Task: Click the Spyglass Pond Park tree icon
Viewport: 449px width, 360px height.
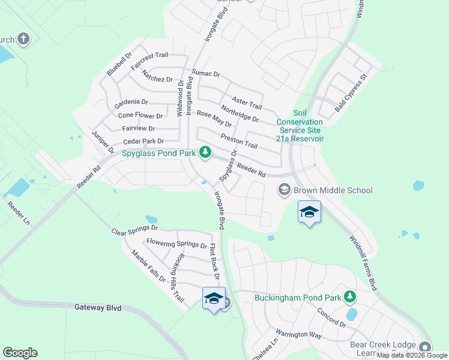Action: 205,152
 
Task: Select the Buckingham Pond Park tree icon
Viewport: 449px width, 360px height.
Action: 349,297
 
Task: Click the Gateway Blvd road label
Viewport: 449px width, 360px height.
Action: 98,308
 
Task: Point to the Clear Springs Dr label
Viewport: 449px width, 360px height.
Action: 134,229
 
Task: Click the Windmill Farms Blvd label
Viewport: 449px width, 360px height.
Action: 363,262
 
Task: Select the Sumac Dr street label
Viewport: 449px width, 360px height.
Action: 206,74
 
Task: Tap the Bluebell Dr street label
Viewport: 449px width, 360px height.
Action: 119,63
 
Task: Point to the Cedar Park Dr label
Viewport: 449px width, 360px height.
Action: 127,141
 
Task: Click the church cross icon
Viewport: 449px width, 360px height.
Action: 23,40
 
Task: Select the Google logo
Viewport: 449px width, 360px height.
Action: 20,353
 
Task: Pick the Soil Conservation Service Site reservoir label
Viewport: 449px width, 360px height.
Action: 300,126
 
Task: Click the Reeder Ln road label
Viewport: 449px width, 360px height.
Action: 17,214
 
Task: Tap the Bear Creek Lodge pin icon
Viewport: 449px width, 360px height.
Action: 426,347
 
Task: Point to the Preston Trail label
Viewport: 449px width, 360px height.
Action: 239,142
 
